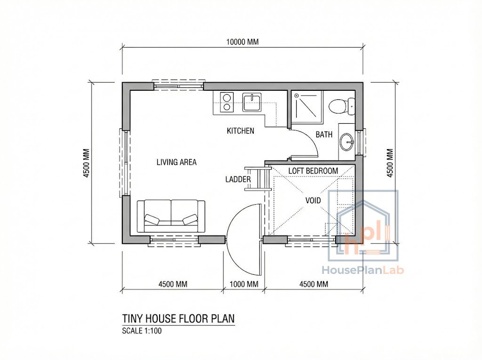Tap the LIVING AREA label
click(x=177, y=162)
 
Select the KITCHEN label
click(x=241, y=131)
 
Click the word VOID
click(x=313, y=200)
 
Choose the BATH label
click(x=324, y=135)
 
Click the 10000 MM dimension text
click(x=242, y=42)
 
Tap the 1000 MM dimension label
click(x=243, y=284)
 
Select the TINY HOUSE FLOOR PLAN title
click(x=178, y=319)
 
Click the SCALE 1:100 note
click(x=142, y=330)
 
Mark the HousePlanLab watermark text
click(x=363, y=270)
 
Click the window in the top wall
click(x=179, y=86)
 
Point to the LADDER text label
click(x=238, y=179)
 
